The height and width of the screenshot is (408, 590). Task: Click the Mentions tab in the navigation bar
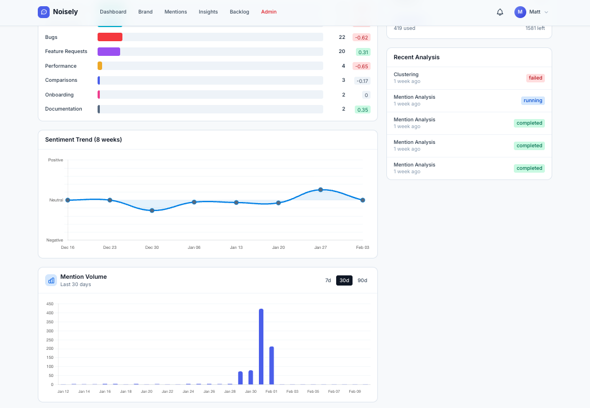(175, 12)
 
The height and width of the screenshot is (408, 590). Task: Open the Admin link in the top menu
(268, 12)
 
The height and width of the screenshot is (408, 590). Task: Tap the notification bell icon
(500, 12)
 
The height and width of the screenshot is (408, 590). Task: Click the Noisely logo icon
(43, 12)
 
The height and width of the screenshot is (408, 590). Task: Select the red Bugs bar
(110, 37)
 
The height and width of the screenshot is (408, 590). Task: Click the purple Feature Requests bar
(109, 51)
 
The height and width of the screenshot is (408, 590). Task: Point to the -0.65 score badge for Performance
(362, 66)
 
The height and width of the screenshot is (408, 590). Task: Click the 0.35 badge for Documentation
(363, 109)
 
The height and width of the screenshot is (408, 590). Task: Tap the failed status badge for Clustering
(535, 78)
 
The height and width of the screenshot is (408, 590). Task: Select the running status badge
(532, 100)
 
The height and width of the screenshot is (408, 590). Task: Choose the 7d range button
(328, 280)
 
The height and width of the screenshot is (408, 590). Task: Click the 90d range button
(362, 280)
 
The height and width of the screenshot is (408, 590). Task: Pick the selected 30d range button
(344, 280)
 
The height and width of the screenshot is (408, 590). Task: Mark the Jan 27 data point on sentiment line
(320, 190)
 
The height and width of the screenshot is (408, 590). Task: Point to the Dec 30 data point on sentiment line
(152, 210)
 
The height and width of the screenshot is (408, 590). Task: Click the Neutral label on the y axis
(56, 200)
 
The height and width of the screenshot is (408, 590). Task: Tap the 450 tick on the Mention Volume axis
(50, 304)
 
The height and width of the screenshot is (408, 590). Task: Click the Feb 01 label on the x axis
(271, 391)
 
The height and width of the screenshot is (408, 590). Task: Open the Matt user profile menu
(531, 12)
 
